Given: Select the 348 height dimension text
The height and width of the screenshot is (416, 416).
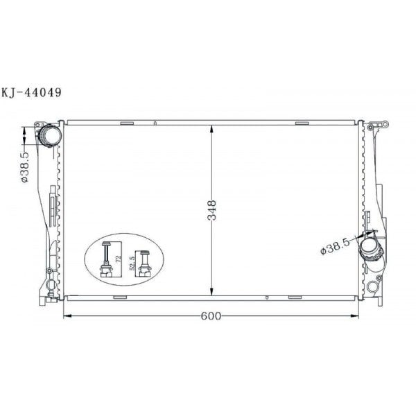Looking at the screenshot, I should click(211, 211).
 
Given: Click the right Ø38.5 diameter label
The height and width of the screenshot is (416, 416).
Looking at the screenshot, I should click(335, 247).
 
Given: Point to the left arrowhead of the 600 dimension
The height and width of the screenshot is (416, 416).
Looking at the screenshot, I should click(67, 316).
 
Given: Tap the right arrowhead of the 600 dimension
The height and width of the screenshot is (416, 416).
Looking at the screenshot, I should click(357, 316).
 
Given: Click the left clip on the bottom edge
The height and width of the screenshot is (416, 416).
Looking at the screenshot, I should click(119, 297).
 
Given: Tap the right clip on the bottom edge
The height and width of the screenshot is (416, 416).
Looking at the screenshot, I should click(295, 297).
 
